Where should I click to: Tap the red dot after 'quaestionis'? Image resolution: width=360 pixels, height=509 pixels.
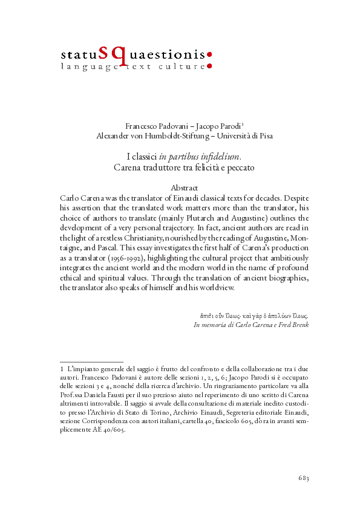click(209, 54)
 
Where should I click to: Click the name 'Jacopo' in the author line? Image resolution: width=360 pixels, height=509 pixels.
click(209, 126)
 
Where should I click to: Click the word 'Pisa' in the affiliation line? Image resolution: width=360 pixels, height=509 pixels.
click(265, 135)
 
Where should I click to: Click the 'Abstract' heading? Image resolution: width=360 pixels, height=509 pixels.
click(185, 188)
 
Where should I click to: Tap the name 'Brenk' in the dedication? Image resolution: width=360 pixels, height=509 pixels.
click(298, 325)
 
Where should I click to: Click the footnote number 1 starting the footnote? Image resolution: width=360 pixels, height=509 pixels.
click(62, 369)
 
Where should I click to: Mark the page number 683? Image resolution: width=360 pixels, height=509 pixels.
click(304, 479)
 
